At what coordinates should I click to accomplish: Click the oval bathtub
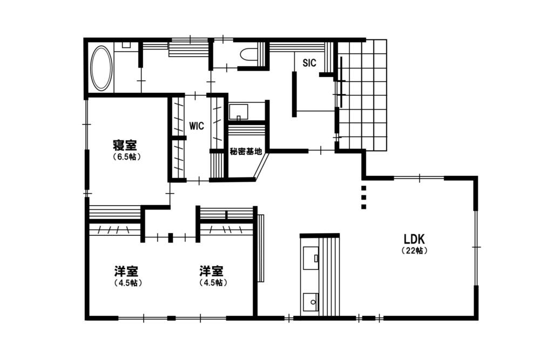click(102, 68)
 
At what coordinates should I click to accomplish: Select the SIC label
click(309, 63)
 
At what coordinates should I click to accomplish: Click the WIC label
click(197, 126)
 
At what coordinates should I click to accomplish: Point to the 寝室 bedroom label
click(125, 145)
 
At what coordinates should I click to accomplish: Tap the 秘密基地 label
click(246, 152)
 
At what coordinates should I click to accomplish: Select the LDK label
click(414, 239)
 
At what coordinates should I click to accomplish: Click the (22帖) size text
click(415, 251)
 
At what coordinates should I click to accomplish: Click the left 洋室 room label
click(126, 271)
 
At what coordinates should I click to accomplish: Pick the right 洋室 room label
click(211, 271)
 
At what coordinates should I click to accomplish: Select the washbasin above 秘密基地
click(239, 112)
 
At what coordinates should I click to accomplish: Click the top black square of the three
click(363, 188)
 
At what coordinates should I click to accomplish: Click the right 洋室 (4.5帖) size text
click(213, 283)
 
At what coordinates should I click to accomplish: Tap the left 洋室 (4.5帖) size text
click(128, 283)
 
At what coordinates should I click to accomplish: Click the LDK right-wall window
click(476, 247)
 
